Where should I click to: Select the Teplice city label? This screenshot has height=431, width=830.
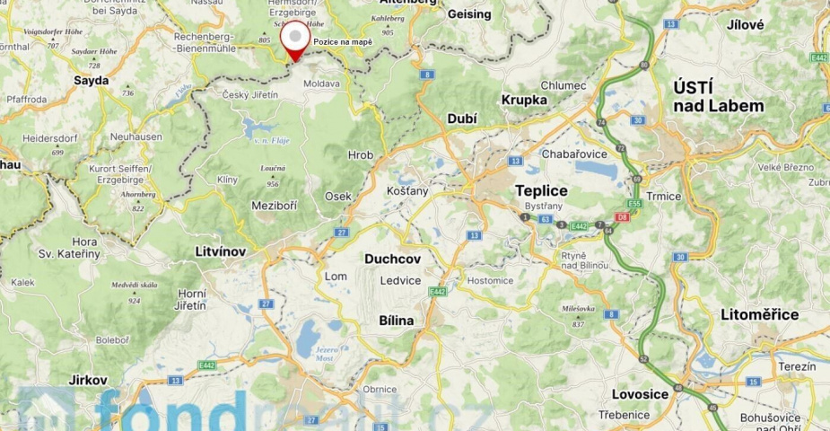click(x=541, y=191)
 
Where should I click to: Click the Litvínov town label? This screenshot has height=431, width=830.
click(x=220, y=251)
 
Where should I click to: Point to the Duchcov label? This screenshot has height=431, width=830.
click(x=392, y=259)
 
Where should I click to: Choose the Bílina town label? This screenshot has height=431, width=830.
click(x=397, y=320)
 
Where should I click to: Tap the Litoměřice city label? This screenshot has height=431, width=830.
click(x=759, y=314)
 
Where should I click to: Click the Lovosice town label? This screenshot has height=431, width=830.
click(x=639, y=394)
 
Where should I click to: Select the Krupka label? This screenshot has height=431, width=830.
click(x=524, y=100)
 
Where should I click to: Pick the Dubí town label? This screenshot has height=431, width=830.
click(x=461, y=119)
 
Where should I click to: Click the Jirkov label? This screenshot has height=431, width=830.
click(x=88, y=380)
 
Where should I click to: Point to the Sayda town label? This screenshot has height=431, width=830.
click(x=91, y=80)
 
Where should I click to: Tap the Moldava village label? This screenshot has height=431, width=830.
click(x=322, y=84)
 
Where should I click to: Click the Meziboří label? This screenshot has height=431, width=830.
click(x=273, y=206)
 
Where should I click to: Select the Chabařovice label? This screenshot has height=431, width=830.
click(x=574, y=154)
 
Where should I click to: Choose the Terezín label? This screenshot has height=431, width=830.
click(x=797, y=367)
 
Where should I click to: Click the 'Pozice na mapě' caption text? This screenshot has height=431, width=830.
click(x=342, y=42)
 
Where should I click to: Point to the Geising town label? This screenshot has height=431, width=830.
click(x=469, y=14)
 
